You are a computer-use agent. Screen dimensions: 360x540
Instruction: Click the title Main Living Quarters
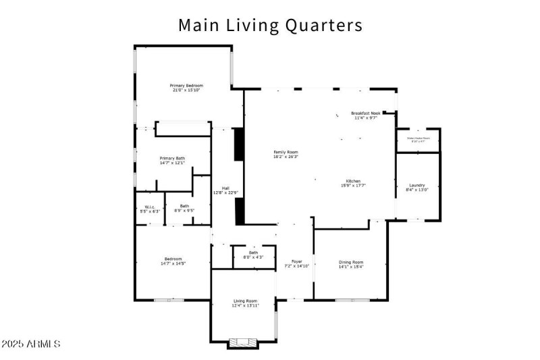pyautogui.click(x=270, y=25)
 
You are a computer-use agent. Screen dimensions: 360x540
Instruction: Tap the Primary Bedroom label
pyautogui.click(x=186, y=86)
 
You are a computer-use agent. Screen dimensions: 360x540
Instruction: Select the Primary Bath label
pyautogui.click(x=172, y=158)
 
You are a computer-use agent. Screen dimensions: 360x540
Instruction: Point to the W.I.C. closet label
pyautogui.click(x=149, y=207)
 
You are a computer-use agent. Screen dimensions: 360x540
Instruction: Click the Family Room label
pyautogui.click(x=286, y=152)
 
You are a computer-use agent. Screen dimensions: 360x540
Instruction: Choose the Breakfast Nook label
pyautogui.click(x=366, y=113)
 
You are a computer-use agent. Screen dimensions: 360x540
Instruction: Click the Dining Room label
pyautogui.click(x=350, y=262)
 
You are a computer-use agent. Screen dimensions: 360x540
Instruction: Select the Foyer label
pyautogui.click(x=296, y=261)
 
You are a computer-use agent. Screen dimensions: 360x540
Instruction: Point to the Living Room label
pyautogui.click(x=246, y=301)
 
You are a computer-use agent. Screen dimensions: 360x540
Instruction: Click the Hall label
pyautogui.click(x=225, y=188)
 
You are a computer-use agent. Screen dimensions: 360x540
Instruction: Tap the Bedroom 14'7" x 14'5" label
pyautogui.click(x=172, y=259)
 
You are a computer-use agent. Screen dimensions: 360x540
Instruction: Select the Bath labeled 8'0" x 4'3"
pyautogui.click(x=253, y=253)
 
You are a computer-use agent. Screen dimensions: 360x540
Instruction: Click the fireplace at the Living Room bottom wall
pyautogui.click(x=242, y=343)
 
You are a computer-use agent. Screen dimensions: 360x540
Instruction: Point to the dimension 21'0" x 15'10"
pyautogui.click(x=186, y=91)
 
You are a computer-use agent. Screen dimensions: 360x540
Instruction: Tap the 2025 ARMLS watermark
pyautogui.click(x=31, y=344)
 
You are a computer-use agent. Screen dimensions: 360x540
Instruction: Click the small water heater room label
pyautogui.click(x=418, y=138)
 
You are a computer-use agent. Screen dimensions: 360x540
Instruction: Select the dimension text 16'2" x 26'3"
pyautogui.click(x=286, y=157)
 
